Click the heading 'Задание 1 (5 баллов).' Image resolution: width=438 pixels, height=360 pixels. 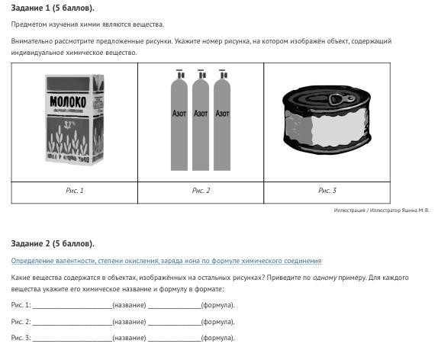(x=53, y=8)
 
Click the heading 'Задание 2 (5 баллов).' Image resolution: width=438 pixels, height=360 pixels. (x=53, y=243)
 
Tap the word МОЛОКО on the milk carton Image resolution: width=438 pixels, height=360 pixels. (x=68, y=102)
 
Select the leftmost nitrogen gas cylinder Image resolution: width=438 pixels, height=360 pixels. (x=179, y=120)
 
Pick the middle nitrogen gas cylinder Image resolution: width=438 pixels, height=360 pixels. (x=201, y=120)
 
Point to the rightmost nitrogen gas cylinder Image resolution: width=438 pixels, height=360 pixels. (x=222, y=120)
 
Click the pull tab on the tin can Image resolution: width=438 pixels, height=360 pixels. (x=341, y=99)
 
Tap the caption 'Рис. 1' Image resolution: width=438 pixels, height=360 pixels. (x=75, y=191)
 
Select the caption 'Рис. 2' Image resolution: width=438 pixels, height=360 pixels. (x=201, y=191)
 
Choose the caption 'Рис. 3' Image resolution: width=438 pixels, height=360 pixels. (x=327, y=191)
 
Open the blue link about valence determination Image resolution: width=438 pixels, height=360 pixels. (x=166, y=261)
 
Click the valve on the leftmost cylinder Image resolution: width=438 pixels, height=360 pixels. (x=180, y=74)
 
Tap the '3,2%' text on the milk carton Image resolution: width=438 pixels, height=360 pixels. (x=68, y=124)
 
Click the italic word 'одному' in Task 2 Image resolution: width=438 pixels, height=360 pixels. (x=324, y=278)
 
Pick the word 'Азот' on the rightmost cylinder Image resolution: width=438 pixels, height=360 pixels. (x=222, y=114)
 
